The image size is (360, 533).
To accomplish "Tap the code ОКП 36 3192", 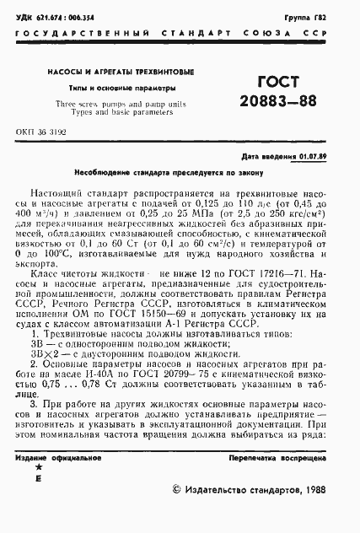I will click(41, 133).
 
